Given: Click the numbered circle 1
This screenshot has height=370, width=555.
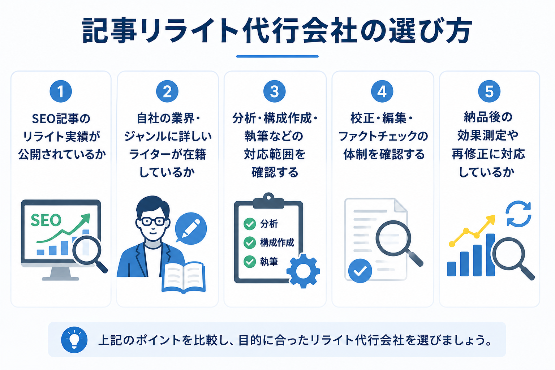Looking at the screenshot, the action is tap(61, 91).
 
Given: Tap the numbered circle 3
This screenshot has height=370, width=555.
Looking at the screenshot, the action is tap(274, 91).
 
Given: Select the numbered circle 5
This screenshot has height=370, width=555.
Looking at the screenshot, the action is tap(489, 91).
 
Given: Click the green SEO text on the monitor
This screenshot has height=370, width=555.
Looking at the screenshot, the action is tap(46, 220).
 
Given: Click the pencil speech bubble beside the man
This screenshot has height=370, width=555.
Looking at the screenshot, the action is tap(190, 228).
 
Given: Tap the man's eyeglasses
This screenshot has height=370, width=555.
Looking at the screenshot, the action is tap(153, 221).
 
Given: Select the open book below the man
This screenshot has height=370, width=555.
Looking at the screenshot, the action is tap(183, 277).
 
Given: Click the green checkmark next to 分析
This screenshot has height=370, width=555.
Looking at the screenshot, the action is tap(250, 224).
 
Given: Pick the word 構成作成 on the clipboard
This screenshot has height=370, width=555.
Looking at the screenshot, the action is tap(277, 242).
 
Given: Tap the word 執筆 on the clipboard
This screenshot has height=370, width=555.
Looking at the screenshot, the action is tap(269, 262).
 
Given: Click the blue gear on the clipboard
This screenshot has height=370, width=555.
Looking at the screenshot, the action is tap(303, 271).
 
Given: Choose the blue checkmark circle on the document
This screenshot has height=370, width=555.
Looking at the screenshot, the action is tap(360, 271).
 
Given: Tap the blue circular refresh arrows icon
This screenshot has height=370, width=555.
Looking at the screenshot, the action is tap(519, 214).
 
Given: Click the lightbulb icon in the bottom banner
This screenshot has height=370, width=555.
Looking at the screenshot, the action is tap(74, 339).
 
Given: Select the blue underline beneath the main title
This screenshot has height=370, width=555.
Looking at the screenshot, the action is tap(277, 56).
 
